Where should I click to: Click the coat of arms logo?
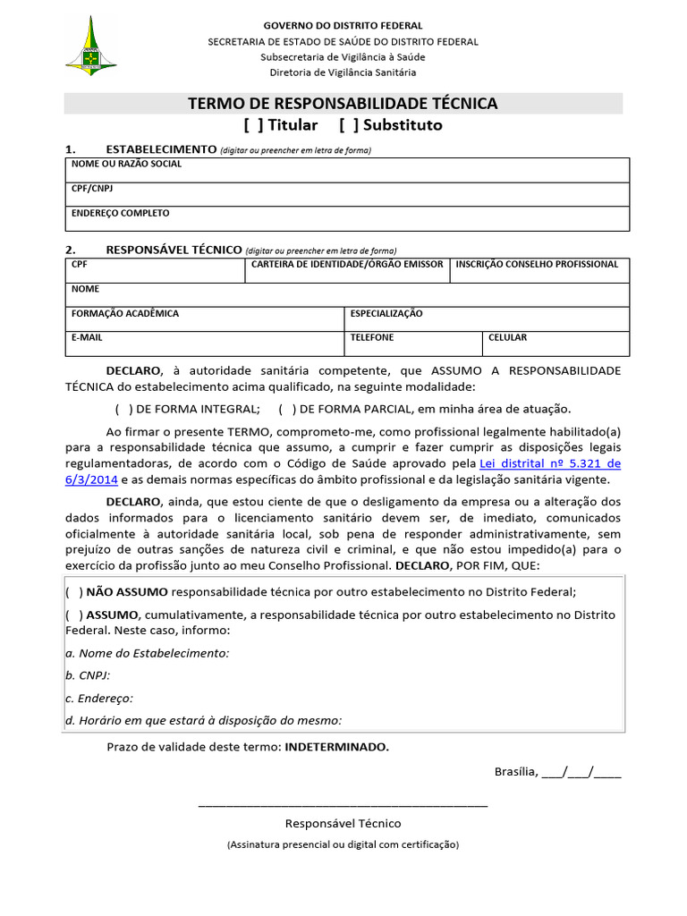[x=91, y=46]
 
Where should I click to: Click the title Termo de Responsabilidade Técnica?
[x=343, y=104]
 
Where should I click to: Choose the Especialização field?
[x=487, y=319]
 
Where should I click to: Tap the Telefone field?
[x=413, y=343]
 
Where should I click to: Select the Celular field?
[x=556, y=343]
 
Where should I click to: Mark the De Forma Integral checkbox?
[x=123, y=409]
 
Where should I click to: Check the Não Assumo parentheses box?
[x=74, y=591]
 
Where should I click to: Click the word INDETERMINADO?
[x=336, y=746]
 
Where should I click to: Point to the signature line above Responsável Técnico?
[x=343, y=804]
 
